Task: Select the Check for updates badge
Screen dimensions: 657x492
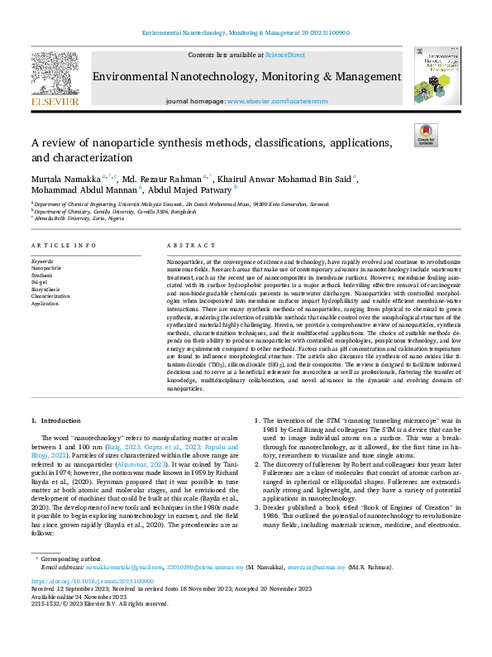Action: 425,136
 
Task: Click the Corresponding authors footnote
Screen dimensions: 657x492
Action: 70,583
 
